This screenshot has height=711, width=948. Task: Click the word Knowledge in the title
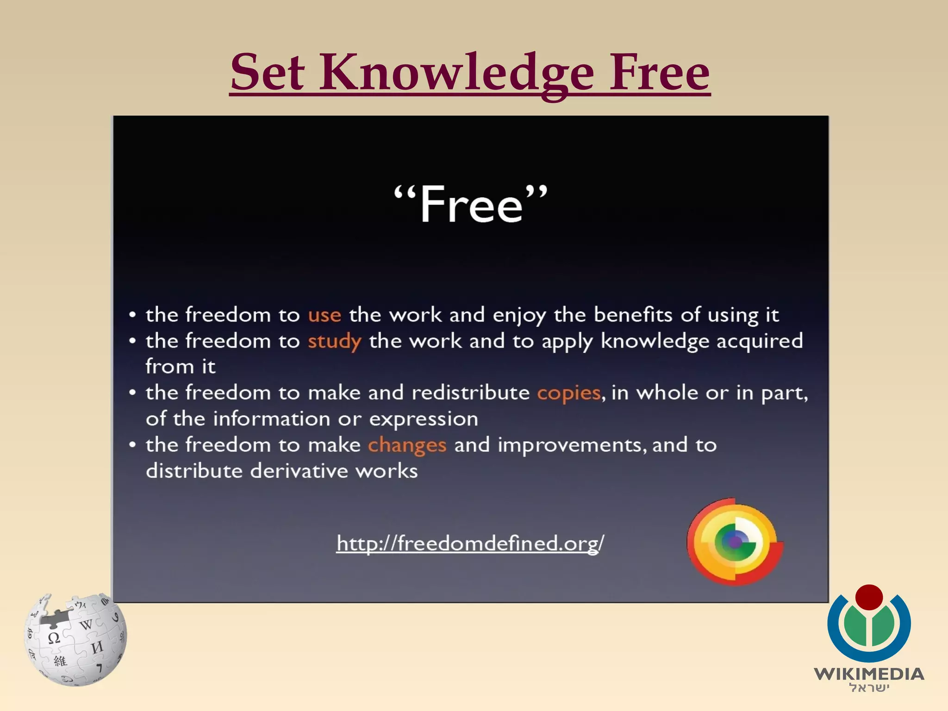coord(456,73)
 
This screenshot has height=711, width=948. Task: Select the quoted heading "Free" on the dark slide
coord(471,204)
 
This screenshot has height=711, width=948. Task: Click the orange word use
coord(324,315)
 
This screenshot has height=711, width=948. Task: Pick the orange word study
coord(334,342)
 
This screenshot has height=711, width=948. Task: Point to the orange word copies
coord(569,393)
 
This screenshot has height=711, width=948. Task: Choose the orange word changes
coord(407,445)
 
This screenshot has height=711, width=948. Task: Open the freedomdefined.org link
coord(470,543)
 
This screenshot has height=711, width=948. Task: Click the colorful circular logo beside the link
coord(735,542)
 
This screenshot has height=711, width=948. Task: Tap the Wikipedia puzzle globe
coord(75,639)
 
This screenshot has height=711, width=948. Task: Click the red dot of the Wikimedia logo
coord(869,598)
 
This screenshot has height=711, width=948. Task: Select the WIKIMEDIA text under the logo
coord(869,674)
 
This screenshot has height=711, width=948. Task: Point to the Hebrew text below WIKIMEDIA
coord(869,688)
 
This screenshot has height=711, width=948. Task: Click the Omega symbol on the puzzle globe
coord(54,638)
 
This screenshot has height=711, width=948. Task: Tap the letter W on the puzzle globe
coord(86,625)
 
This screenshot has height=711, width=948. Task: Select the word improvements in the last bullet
coord(569,445)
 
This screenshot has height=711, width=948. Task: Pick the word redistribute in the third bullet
coord(470,393)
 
